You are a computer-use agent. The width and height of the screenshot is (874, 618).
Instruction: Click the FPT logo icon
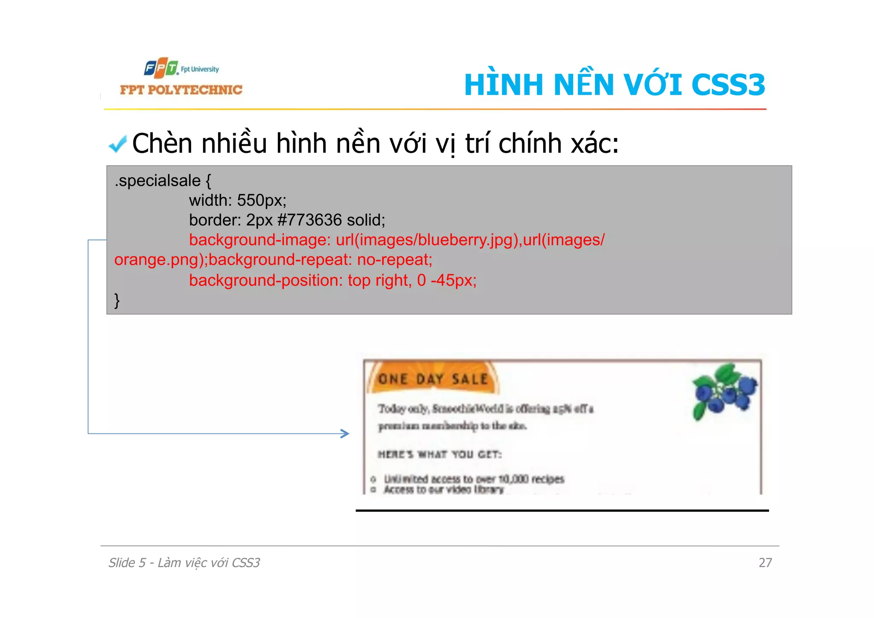coord(161,68)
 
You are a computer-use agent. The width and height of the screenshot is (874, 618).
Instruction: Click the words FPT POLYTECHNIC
coord(181,90)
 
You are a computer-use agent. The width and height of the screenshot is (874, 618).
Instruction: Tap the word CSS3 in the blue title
coord(728,85)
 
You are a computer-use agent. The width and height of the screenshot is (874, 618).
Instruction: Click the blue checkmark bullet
coord(117,144)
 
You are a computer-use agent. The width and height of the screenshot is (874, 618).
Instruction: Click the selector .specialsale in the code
coord(157,181)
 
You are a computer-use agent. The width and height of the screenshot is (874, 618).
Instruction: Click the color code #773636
coord(309,220)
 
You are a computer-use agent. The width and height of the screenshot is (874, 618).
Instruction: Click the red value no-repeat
coord(394,260)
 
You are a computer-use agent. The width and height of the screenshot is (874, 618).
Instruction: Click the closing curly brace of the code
coord(117,300)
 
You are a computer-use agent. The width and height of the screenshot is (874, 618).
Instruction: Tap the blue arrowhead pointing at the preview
coord(345,433)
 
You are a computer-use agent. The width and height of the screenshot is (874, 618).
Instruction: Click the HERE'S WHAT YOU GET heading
coord(440,454)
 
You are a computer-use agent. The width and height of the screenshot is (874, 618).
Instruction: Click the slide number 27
coord(765,562)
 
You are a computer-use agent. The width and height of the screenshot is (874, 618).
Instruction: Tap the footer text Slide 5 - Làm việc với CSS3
coord(184,563)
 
